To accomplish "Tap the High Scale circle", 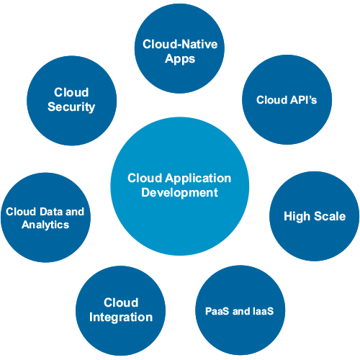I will pos(314,216).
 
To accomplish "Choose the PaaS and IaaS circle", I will pos(240,311).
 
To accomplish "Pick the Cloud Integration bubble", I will pos(120,310).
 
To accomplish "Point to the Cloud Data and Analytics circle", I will pos(45,217).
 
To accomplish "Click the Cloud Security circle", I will pos(71,100).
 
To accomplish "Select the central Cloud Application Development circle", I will pos(179,185).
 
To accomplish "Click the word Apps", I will pos(179,59).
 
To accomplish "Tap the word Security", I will pos(71,107).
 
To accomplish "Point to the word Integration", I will pos(120,318).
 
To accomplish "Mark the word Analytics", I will pos(45,225).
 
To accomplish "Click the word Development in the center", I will pos(179,193).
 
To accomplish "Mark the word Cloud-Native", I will pos(180,45).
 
